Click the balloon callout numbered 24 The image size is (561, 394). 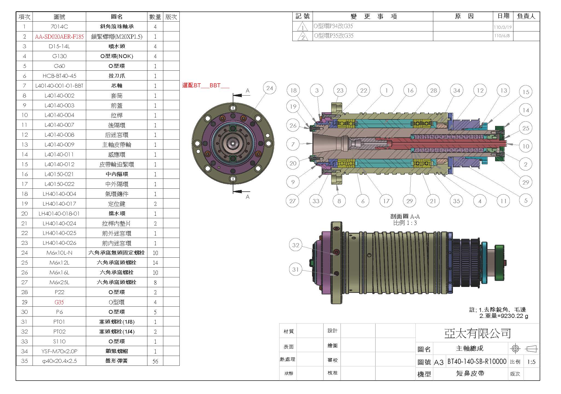pyautogui.click(x=270, y=88)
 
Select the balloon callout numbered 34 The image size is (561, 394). pyautogui.click(x=457, y=90)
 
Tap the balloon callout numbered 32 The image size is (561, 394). pyautogui.click(x=296, y=245)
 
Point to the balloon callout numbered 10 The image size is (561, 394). pyautogui.click(x=526, y=146)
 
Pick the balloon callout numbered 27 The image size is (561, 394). pyautogui.click(x=292, y=201)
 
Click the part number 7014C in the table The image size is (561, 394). pyautogui.click(x=59, y=27)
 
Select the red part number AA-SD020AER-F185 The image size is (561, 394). pyautogui.click(x=59, y=36)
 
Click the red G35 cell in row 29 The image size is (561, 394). pyautogui.click(x=59, y=302)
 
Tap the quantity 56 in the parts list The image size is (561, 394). pyautogui.click(x=155, y=361)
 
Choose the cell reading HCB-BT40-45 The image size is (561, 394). pyautogui.click(x=59, y=76)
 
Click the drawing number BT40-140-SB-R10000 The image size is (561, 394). pyautogui.click(x=477, y=361)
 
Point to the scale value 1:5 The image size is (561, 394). pyautogui.click(x=531, y=362)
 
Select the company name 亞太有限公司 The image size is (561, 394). pyautogui.click(x=477, y=333)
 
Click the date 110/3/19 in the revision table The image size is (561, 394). pyautogui.click(x=503, y=27)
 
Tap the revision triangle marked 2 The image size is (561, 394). pyautogui.click(x=303, y=37)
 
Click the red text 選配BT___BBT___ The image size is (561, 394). pyautogui.click(x=206, y=85)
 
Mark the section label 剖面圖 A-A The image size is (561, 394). pyautogui.click(x=405, y=216)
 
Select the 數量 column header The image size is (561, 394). pyautogui.click(x=155, y=17)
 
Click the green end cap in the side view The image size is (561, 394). pyautogui.click(x=499, y=263)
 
